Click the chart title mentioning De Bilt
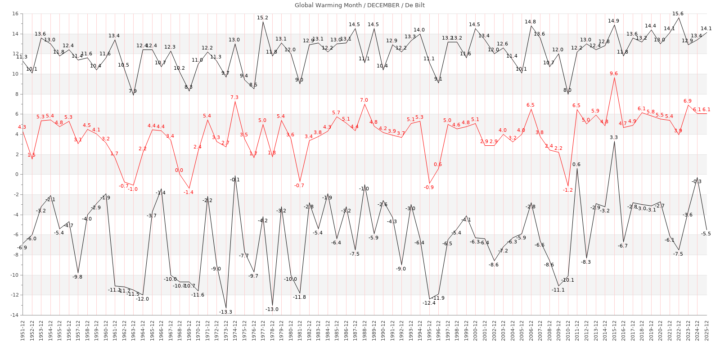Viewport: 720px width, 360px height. pos(360,5)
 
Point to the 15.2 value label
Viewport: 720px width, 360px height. pos(262,18)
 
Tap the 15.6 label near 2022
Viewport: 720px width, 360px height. pos(678,14)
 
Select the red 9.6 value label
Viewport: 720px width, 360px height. pos(614,74)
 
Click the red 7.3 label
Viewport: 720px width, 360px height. pos(234,98)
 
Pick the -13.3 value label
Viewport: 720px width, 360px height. pos(225,312)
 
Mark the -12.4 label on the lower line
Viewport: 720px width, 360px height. pos(429,303)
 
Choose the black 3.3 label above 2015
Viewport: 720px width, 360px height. pos(614,138)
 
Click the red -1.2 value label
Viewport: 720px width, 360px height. pos(567,190)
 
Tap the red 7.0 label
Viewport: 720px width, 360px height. pos(364,100)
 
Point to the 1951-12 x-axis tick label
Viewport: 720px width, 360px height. pos(22,330)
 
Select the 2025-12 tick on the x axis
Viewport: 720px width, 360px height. pos(707,330)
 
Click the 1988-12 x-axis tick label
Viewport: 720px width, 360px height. pos(364,330)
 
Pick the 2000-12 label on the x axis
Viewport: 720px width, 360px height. pos(476,330)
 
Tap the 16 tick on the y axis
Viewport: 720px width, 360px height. pos(15,14)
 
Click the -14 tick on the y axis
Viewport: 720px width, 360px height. pos(13,315)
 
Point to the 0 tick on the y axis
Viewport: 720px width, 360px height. pos(16,175)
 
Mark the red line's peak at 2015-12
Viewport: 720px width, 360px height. pos(614,78)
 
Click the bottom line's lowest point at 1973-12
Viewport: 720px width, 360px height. pos(226,308)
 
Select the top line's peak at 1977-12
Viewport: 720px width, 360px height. pos(263,22)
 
